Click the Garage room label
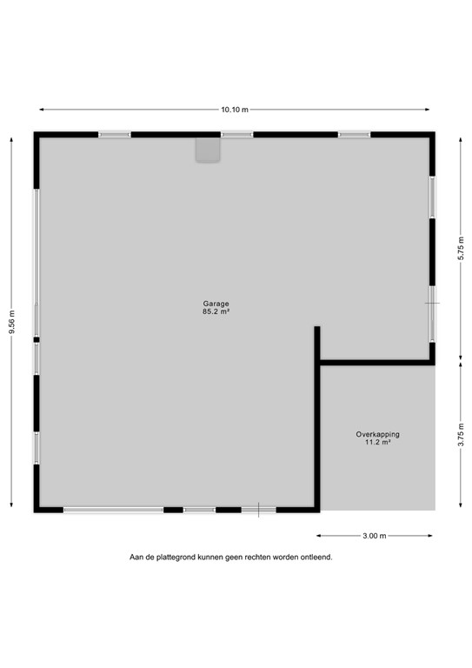pyautogui.click(x=216, y=304)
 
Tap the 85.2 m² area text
pyautogui.click(x=216, y=311)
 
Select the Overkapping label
pyautogui.click(x=377, y=434)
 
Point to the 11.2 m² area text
pyautogui.click(x=377, y=442)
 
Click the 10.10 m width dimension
pyautogui.click(x=235, y=110)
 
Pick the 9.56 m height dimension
pyautogui.click(x=11, y=321)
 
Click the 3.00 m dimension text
pyautogui.click(x=375, y=536)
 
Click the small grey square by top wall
pyautogui.click(x=208, y=151)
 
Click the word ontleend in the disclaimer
pyautogui.click(x=316, y=558)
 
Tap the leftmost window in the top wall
pyautogui.click(x=114, y=135)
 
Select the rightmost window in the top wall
pyautogui.click(x=354, y=135)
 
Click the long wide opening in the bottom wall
pyautogui.click(x=113, y=510)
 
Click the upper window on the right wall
pyautogui.click(x=431, y=197)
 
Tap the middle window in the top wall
pyautogui.click(x=236, y=135)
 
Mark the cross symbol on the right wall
pyautogui.click(x=432, y=303)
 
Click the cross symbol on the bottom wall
pyautogui.click(x=257, y=510)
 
